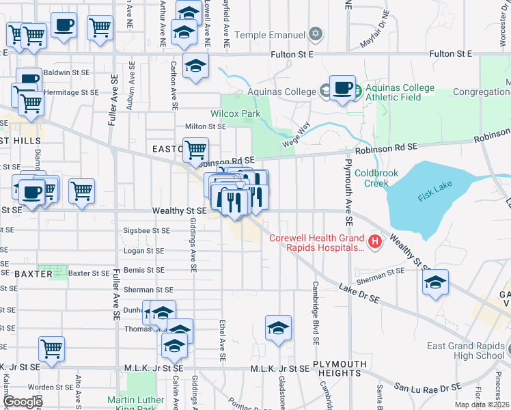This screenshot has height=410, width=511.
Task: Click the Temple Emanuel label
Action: (270, 34)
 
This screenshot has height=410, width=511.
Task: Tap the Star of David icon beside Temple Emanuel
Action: (315, 33)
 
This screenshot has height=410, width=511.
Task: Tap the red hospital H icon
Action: (374, 241)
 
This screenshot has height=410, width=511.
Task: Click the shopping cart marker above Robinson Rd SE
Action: (195, 150)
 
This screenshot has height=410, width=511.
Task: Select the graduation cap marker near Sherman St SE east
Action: (435, 283)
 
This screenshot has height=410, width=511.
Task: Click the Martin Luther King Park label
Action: (135, 403)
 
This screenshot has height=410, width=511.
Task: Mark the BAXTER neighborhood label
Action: (33, 273)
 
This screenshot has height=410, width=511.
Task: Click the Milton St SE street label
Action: (206, 126)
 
